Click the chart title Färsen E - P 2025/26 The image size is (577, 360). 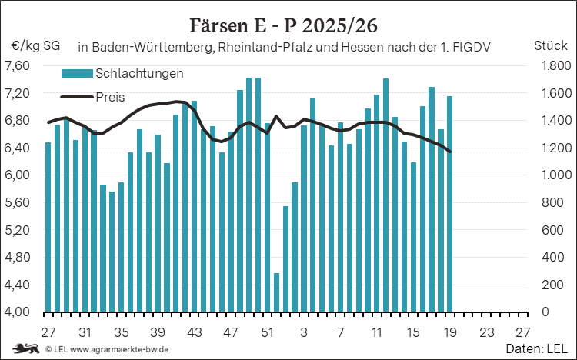[x=283, y=25]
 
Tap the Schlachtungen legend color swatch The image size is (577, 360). [x=77, y=73]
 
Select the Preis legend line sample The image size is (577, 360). [x=77, y=97]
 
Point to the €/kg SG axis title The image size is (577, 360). [x=35, y=46]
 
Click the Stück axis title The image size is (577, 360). [x=551, y=45]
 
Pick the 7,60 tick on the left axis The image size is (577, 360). [x=17, y=66]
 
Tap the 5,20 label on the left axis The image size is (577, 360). [x=17, y=230]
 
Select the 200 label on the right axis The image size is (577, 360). [x=552, y=285]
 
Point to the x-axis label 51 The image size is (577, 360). [x=267, y=332]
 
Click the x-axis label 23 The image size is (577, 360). [x=486, y=332]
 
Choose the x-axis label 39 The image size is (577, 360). [x=158, y=332]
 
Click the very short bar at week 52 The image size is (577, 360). [x=276, y=292]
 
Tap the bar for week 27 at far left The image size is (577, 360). [x=48, y=227]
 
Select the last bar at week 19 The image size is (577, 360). [x=450, y=205]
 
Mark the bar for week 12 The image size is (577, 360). [x=385, y=195]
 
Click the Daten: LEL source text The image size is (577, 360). [x=536, y=348]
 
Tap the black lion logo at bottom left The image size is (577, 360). [x=25, y=348]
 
